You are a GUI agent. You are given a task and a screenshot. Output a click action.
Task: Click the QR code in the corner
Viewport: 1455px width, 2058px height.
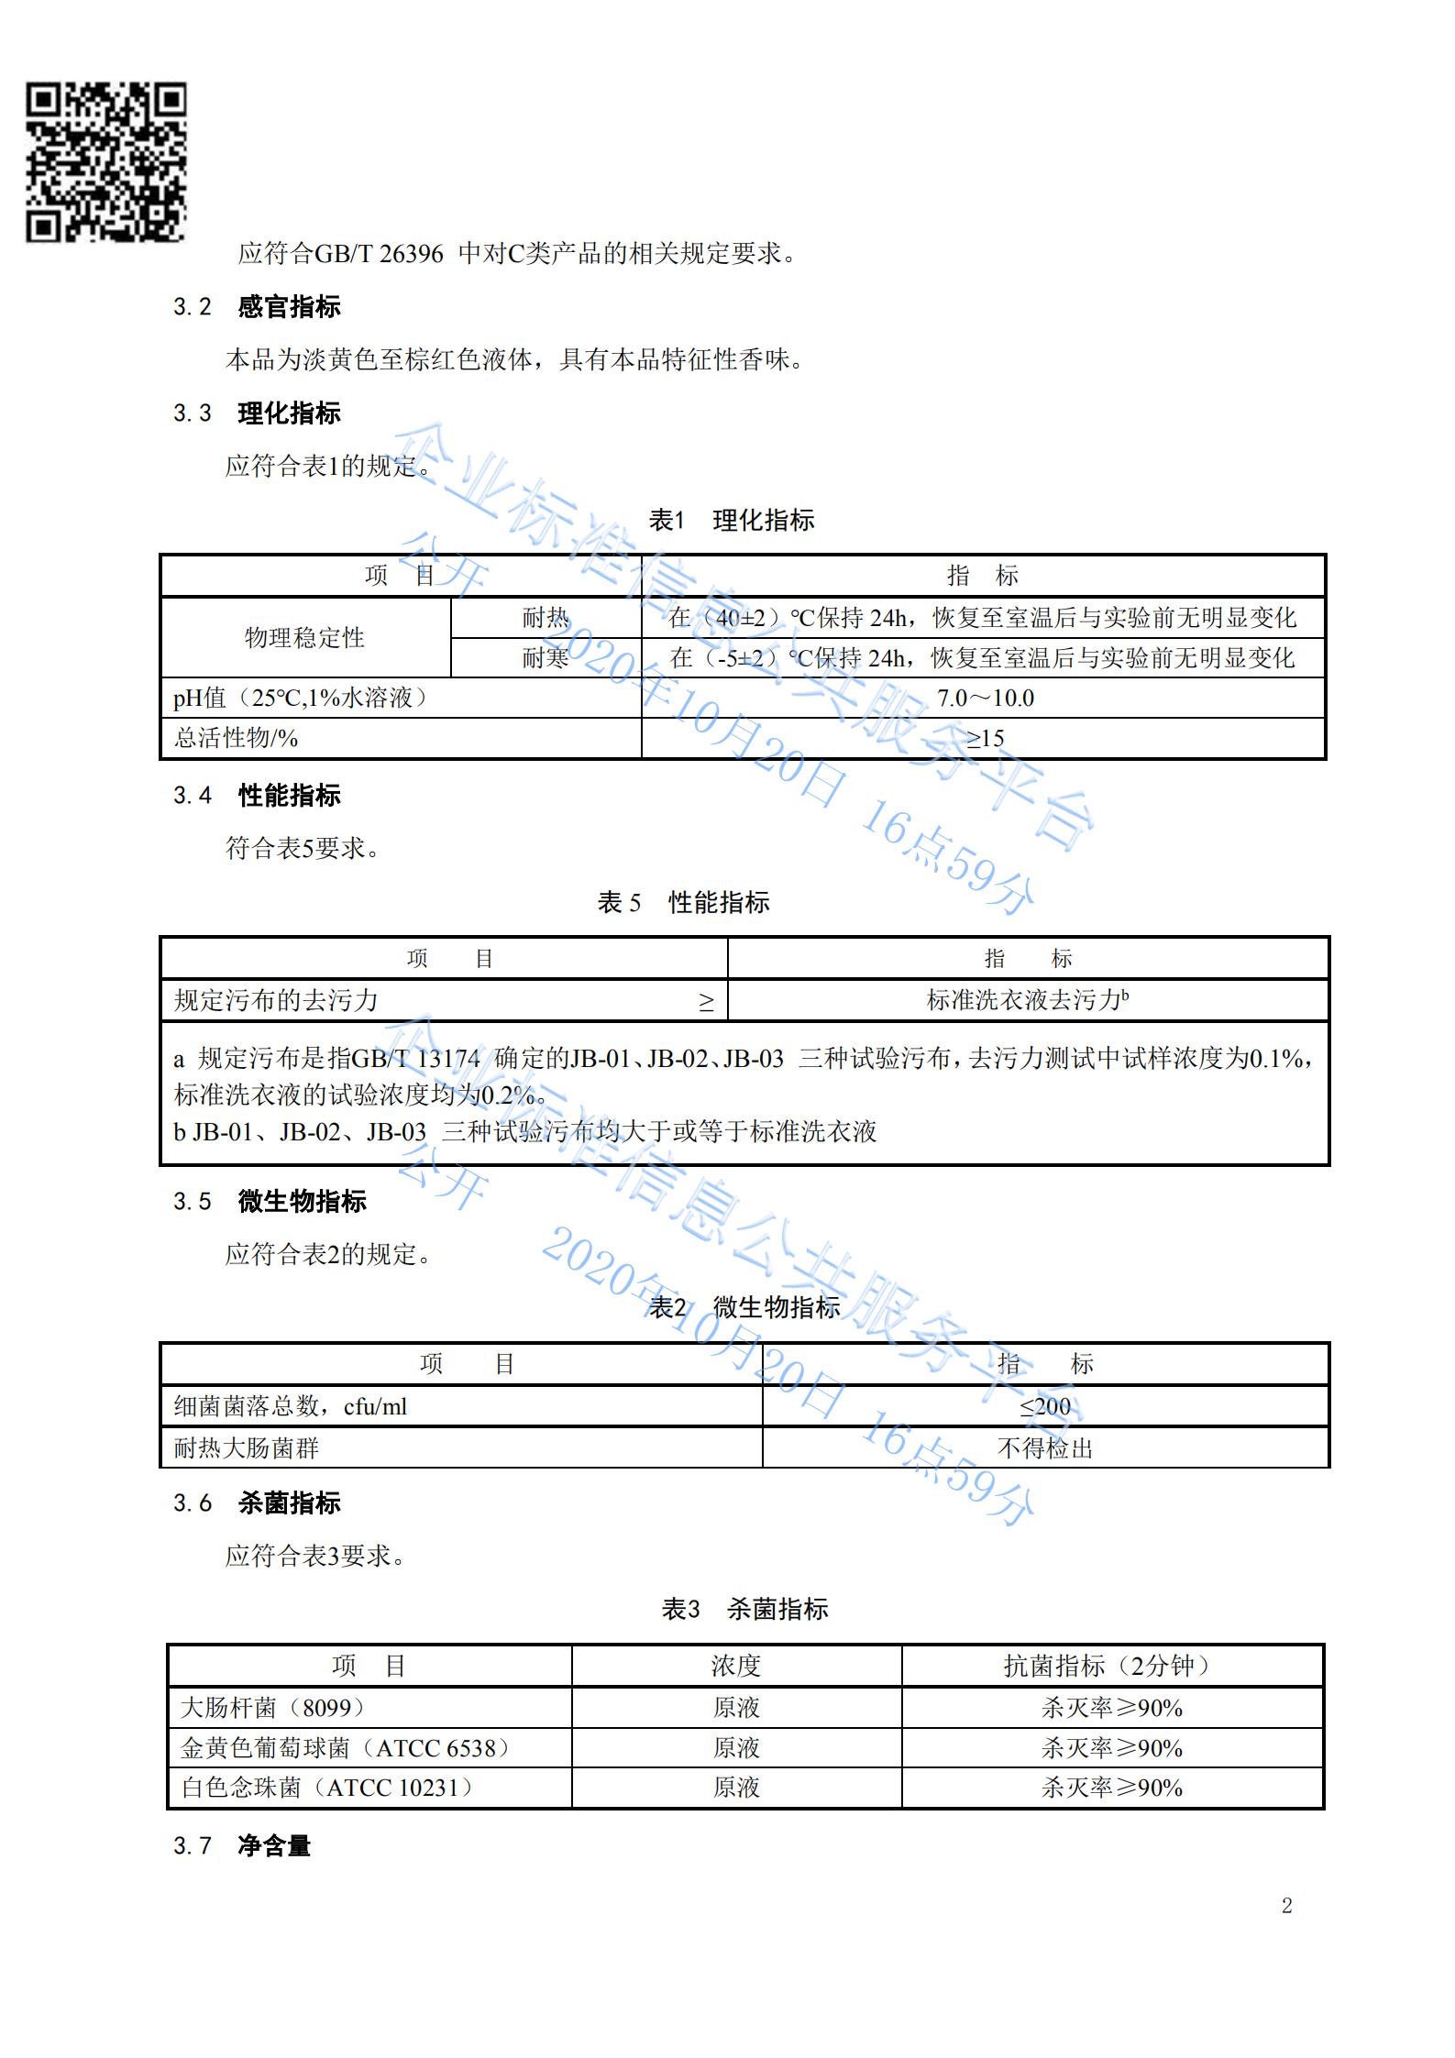[105, 162]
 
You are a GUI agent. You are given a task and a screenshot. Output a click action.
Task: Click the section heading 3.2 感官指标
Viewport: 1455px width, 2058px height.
[258, 306]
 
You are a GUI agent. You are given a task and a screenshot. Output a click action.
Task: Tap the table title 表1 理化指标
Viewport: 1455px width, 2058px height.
[731, 521]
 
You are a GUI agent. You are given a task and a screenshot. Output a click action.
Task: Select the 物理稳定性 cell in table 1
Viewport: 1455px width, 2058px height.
[304, 638]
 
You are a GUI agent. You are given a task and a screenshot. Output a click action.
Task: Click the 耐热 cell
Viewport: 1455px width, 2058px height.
[546, 618]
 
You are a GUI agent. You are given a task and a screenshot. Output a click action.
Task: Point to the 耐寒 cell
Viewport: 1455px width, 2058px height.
[546, 658]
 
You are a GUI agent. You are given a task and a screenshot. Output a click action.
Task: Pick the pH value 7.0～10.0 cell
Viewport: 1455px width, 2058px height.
[985, 699]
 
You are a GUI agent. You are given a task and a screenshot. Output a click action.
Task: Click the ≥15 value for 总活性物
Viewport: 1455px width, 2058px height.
[985, 739]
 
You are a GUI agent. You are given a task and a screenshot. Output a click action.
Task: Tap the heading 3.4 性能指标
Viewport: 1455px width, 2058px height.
[258, 795]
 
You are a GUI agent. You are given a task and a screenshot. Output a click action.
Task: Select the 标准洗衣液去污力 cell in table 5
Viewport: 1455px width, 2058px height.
[1027, 1000]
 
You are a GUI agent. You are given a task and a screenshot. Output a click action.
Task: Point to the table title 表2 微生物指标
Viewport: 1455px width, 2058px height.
[744, 1308]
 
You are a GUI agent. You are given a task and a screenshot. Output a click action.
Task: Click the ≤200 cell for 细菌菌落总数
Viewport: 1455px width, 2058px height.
[1045, 1406]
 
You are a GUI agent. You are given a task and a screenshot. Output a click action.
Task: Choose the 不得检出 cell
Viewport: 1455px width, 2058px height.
[1045, 1448]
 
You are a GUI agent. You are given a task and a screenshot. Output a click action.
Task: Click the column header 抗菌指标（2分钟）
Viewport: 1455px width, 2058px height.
[1111, 1666]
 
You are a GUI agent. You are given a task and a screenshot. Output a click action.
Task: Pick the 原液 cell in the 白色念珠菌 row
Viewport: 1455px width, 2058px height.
[736, 1788]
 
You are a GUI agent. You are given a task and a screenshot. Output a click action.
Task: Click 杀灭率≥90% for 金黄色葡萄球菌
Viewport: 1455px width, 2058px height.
[1111, 1748]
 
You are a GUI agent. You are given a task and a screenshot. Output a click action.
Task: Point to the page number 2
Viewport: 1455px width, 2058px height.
[1286, 1907]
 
